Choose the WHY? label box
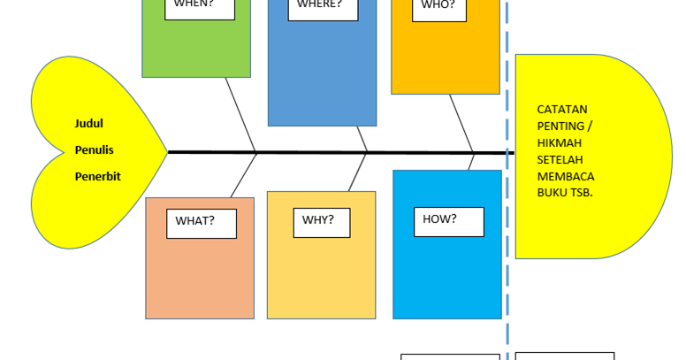point(321,222)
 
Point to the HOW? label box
point(448,221)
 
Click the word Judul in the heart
point(88,124)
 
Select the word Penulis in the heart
point(94,149)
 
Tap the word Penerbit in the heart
point(97,176)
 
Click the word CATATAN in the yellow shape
point(561,110)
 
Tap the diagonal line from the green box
point(240,114)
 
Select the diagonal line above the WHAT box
point(243,174)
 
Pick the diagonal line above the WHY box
point(357,172)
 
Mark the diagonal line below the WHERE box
point(361,138)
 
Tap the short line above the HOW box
point(471,161)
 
